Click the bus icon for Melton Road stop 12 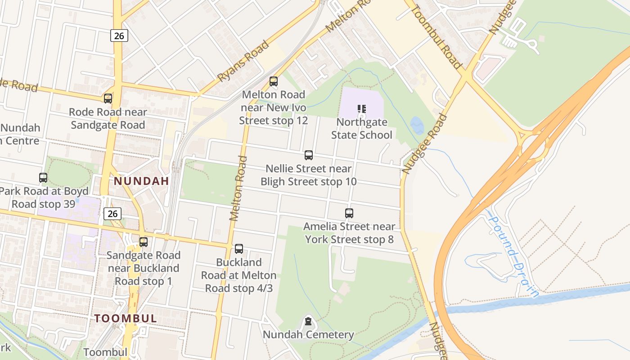(x=273, y=81)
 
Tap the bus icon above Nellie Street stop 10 (x=308, y=155)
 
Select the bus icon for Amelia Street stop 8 (x=349, y=213)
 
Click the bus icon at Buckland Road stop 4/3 (x=239, y=249)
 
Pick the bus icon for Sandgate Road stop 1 (x=143, y=242)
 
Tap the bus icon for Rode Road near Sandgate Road (x=108, y=99)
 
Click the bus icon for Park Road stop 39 (x=43, y=178)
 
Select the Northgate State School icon (x=362, y=109)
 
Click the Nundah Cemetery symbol (x=308, y=321)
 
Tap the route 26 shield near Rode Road (x=119, y=36)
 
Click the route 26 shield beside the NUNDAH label (x=112, y=213)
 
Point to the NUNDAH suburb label (x=141, y=181)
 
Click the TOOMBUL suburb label (x=126, y=319)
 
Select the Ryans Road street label (x=243, y=61)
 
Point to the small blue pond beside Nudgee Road (x=417, y=126)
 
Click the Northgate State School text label (x=362, y=129)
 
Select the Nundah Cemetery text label (x=308, y=335)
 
